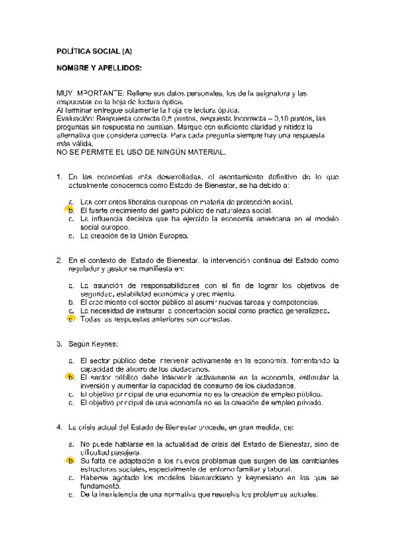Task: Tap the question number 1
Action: tap(59, 177)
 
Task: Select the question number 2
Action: tap(59, 260)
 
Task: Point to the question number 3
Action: tap(59, 343)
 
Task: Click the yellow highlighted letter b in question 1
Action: tap(71, 210)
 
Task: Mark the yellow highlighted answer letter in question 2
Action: tap(71, 318)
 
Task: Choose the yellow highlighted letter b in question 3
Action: tap(71, 377)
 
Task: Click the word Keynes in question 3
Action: tap(106, 343)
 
